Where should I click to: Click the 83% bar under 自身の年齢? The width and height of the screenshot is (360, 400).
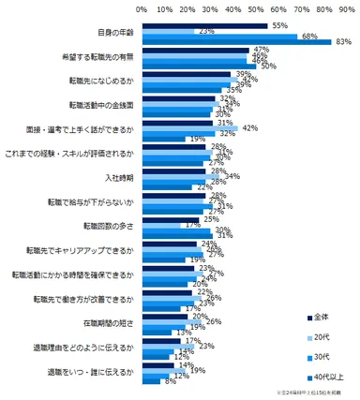234,42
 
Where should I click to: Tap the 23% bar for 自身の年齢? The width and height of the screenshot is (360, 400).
168,32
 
